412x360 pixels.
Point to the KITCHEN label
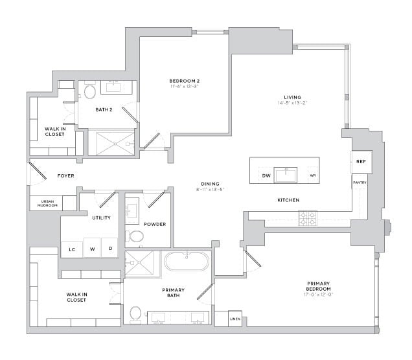pos(288,200)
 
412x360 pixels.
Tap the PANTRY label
pos(360,183)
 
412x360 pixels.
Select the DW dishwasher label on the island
pos(266,175)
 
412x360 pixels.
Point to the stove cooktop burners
pos(307,218)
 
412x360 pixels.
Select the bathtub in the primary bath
pos(186,262)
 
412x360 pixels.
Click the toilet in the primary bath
pos(135,313)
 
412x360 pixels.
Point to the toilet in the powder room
pos(136,235)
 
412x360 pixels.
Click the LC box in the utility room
pos(71,249)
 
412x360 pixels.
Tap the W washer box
pos(92,249)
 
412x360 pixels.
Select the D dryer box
pos(110,249)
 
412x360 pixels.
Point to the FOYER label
pos(65,175)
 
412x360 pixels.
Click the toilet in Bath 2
pos(89,92)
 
